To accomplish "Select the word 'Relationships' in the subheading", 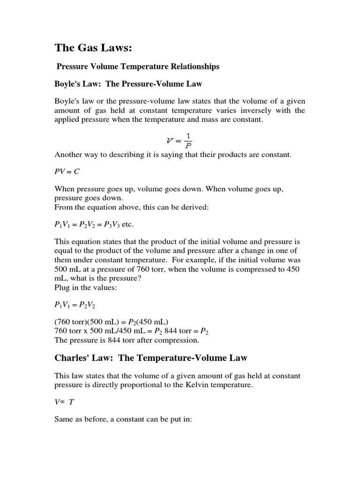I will coord(196,67).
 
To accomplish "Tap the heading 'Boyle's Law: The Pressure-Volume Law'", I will coord(128,84).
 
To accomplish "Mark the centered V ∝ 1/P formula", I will coord(180,140).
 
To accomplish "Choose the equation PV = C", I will coord(67,172).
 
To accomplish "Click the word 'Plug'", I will coord(62,287).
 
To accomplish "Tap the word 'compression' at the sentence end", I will coord(180,340).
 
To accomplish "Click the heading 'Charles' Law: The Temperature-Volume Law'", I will coord(151,358).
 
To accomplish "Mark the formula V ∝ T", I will coord(64,402).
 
